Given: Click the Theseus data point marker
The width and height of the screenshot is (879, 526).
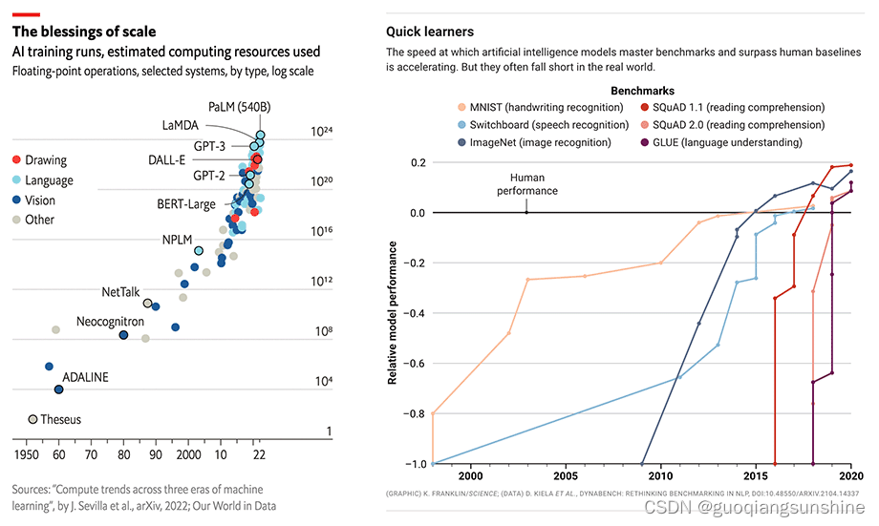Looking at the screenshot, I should point(32,419).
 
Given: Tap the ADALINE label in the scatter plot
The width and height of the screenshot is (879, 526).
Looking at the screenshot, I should point(85,377).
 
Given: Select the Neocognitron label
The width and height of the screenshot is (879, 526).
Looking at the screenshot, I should point(110,322).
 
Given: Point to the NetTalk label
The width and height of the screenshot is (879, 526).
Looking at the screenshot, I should point(121,292).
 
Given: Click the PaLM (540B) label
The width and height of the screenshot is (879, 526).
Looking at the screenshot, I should point(237,106).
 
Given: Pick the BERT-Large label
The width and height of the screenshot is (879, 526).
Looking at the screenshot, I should point(186,203).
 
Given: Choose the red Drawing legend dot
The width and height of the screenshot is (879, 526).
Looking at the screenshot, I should point(15,160).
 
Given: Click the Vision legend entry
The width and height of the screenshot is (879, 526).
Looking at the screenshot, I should point(40,200).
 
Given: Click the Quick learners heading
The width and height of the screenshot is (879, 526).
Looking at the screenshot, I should point(429,32).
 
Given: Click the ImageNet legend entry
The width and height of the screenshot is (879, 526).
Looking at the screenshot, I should point(540,142).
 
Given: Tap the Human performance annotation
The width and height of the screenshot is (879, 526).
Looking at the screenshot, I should point(526,184).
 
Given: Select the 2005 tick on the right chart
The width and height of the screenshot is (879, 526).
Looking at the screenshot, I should point(566,476).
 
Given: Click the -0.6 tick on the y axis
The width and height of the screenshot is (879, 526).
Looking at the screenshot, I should point(413,364).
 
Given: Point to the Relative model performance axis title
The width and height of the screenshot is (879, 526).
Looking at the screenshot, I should point(393,312).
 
